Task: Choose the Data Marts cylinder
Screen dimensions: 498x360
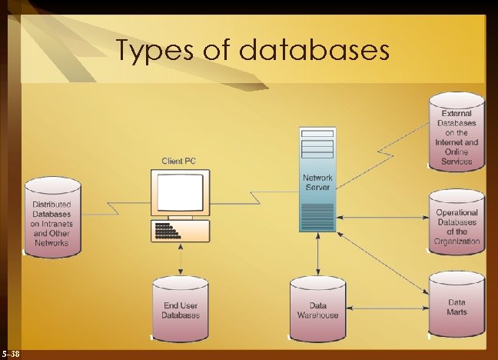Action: (x=456, y=306)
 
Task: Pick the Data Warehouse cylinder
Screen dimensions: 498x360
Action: (x=317, y=309)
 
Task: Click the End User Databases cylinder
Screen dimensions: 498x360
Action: (x=181, y=309)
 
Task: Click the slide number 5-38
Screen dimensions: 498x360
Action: (x=12, y=353)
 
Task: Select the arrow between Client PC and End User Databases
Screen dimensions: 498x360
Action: (x=181, y=261)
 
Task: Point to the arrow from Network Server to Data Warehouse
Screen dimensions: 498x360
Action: (x=317, y=254)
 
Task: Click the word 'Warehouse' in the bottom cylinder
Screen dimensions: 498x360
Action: (x=317, y=315)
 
